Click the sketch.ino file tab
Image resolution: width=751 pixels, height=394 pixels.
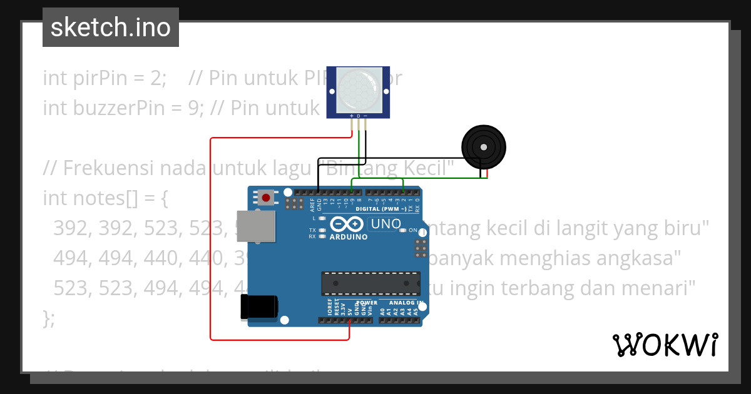coord(111,28)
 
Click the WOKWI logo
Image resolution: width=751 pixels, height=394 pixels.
coord(665,345)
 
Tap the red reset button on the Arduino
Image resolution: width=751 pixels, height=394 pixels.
coord(266,198)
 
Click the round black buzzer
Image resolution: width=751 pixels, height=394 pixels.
coord(483,147)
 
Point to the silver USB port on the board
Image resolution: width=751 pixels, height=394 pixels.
coord(258,226)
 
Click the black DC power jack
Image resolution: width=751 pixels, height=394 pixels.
coord(258,308)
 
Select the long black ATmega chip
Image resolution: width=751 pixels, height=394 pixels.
coord(370,283)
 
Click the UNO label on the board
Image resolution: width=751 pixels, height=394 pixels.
coord(386,223)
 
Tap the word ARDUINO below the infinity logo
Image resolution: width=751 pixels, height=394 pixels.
coord(349,237)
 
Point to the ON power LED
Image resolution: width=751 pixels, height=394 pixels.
coord(404,230)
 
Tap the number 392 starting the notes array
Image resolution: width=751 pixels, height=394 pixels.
coord(70,228)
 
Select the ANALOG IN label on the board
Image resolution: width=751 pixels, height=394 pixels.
coord(402,303)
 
